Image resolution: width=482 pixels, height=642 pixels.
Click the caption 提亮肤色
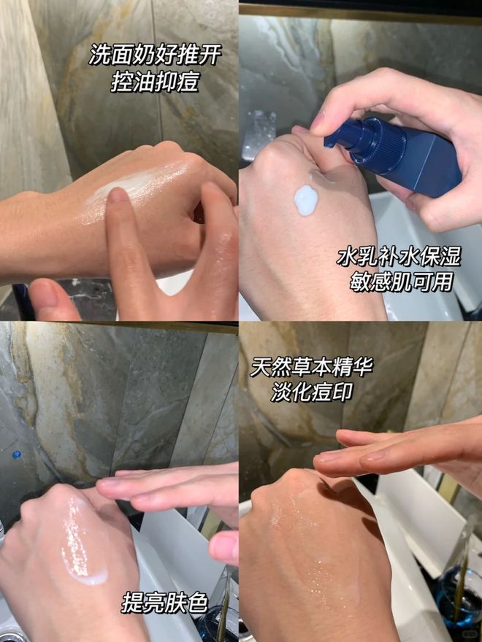(165, 603)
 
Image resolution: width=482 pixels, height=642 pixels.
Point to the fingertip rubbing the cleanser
(118, 199)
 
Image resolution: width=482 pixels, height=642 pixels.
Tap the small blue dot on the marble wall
(16, 455)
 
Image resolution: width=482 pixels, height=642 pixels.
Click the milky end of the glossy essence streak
(87, 576)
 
